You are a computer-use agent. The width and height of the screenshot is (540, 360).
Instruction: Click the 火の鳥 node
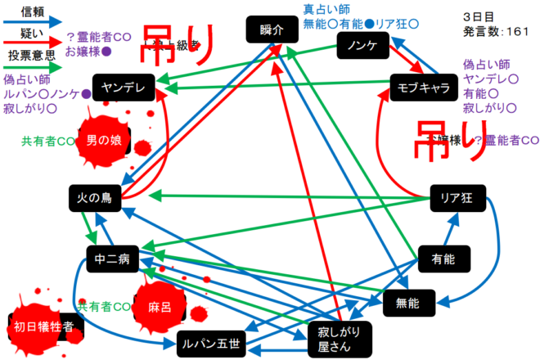tap(97, 197)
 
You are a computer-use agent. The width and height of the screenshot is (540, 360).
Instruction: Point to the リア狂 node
tap(457, 197)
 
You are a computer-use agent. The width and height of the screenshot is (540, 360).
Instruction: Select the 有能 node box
tap(442, 259)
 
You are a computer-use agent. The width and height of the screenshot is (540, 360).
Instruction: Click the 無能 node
tap(407, 304)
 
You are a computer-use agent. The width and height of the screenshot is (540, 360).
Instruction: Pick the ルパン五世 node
tap(210, 345)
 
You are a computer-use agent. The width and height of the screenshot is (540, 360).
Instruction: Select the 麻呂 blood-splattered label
tap(160, 308)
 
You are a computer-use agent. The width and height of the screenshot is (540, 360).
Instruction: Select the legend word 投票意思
tap(32, 56)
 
